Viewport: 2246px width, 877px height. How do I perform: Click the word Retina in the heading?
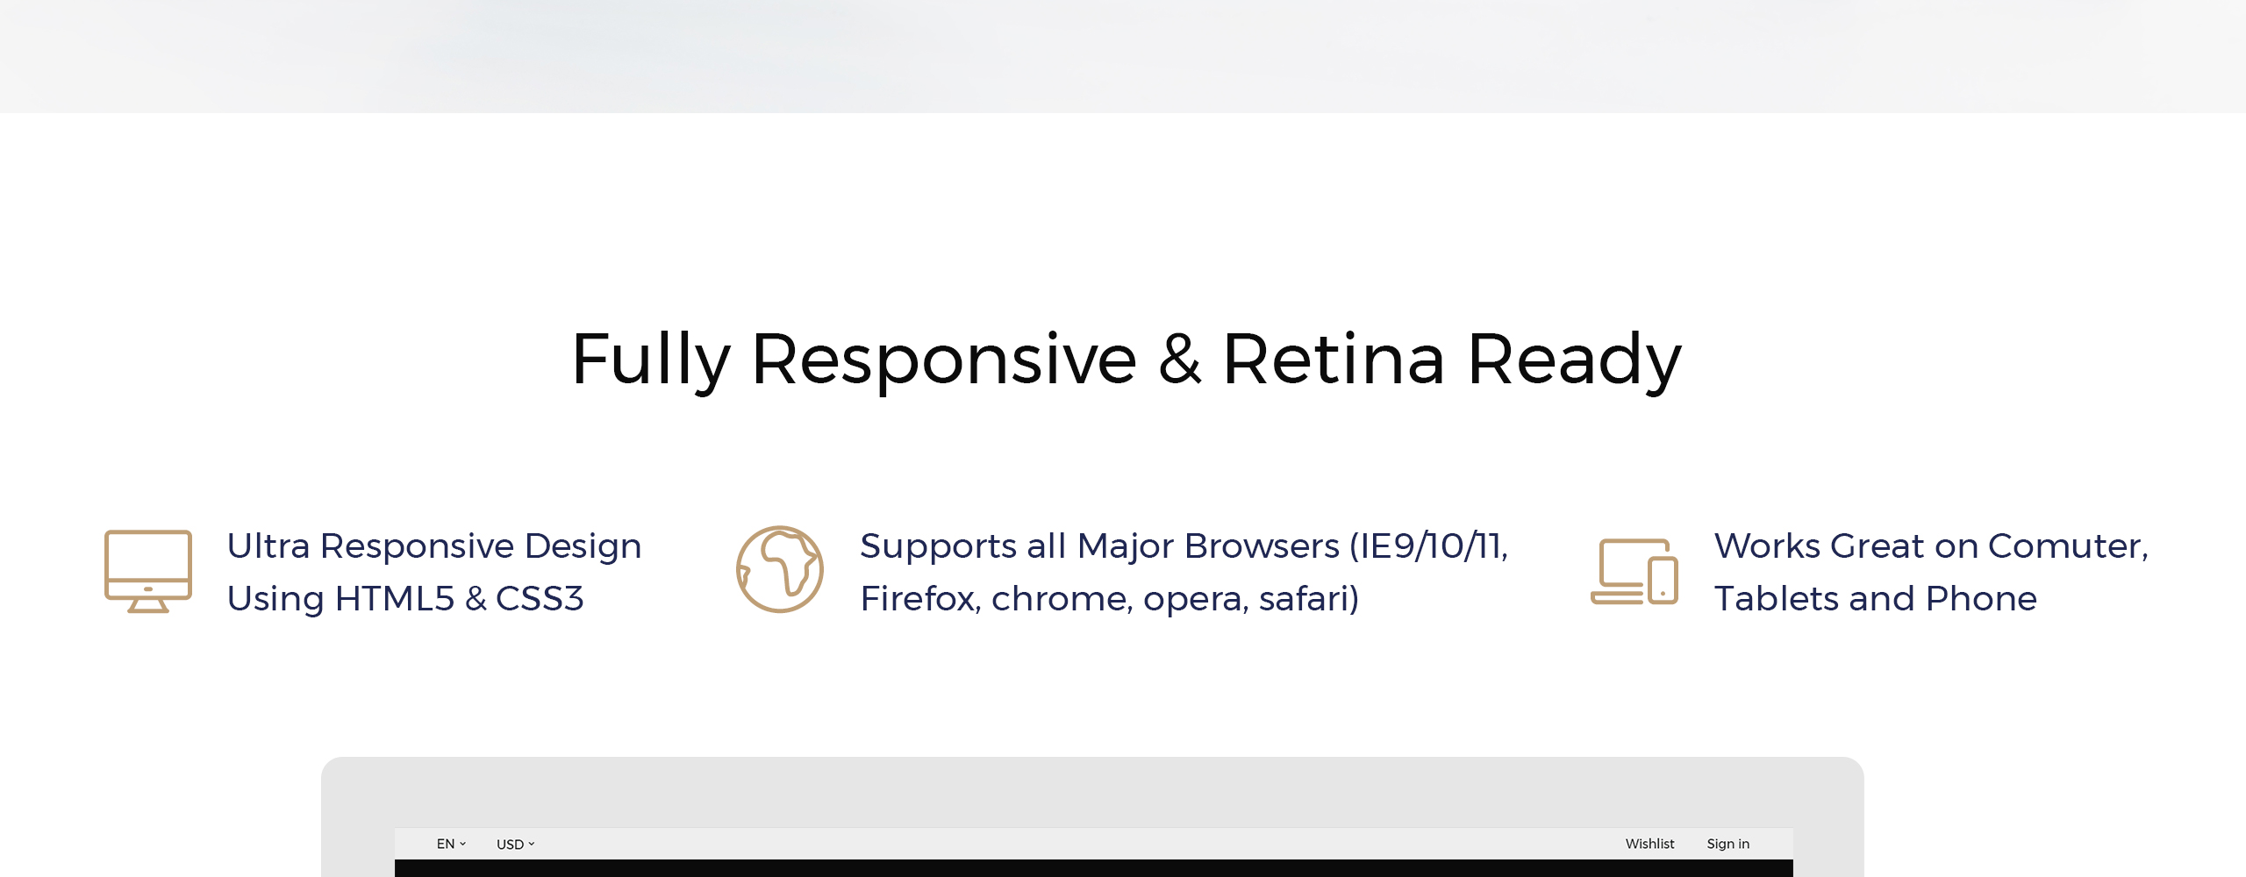pos(1334,360)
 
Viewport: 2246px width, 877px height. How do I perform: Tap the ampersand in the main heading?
pos(1180,360)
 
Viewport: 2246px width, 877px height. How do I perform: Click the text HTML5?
pos(395,599)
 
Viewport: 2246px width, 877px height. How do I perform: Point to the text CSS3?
pos(540,599)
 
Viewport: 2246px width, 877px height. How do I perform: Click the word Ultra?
pos(268,546)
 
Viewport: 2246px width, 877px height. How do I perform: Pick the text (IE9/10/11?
pos(1429,546)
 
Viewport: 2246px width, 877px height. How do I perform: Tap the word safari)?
pos(1309,599)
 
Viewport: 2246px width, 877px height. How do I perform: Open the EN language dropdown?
pos(451,844)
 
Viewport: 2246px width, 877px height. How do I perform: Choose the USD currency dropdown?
pos(515,845)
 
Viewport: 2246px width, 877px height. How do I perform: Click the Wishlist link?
pos(1649,844)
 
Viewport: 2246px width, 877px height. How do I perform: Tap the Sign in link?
pos(1727,844)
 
